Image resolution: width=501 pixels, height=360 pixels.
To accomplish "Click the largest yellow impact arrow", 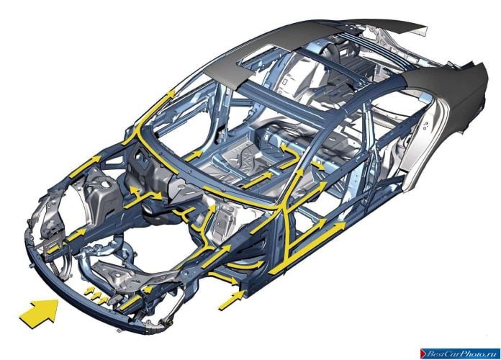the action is pyautogui.click(x=40, y=312).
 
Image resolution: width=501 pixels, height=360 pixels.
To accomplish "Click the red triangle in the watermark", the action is pyautogui.click(x=424, y=354).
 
